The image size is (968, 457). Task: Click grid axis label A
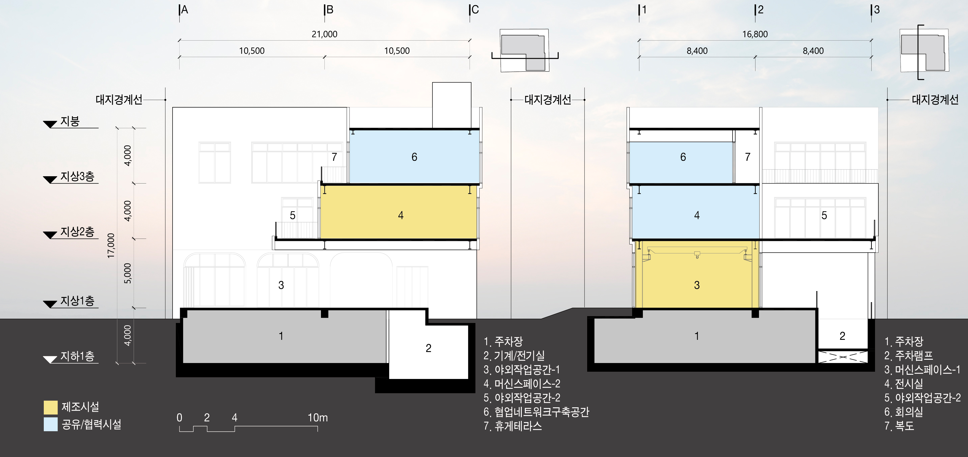[x=184, y=10]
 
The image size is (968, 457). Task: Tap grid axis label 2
[x=761, y=10]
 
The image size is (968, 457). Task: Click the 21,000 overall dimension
[x=324, y=34]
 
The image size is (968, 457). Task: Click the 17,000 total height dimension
[x=111, y=246]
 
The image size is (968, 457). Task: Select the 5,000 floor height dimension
[x=128, y=273]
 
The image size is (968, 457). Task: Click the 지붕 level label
[x=70, y=121]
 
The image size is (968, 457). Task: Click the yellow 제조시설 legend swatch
[x=50, y=407]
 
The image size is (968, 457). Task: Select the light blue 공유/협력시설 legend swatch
[x=50, y=424]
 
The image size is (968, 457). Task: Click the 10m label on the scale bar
[x=317, y=417]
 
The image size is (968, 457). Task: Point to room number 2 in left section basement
[x=428, y=348]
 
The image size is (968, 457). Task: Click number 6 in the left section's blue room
[x=414, y=157]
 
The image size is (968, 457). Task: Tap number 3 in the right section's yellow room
[x=697, y=285]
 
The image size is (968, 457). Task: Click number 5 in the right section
[x=824, y=216]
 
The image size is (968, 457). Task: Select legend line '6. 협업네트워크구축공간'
[x=536, y=412]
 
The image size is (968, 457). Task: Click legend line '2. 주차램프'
[x=908, y=356]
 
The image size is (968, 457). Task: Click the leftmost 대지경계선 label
[x=119, y=100]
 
